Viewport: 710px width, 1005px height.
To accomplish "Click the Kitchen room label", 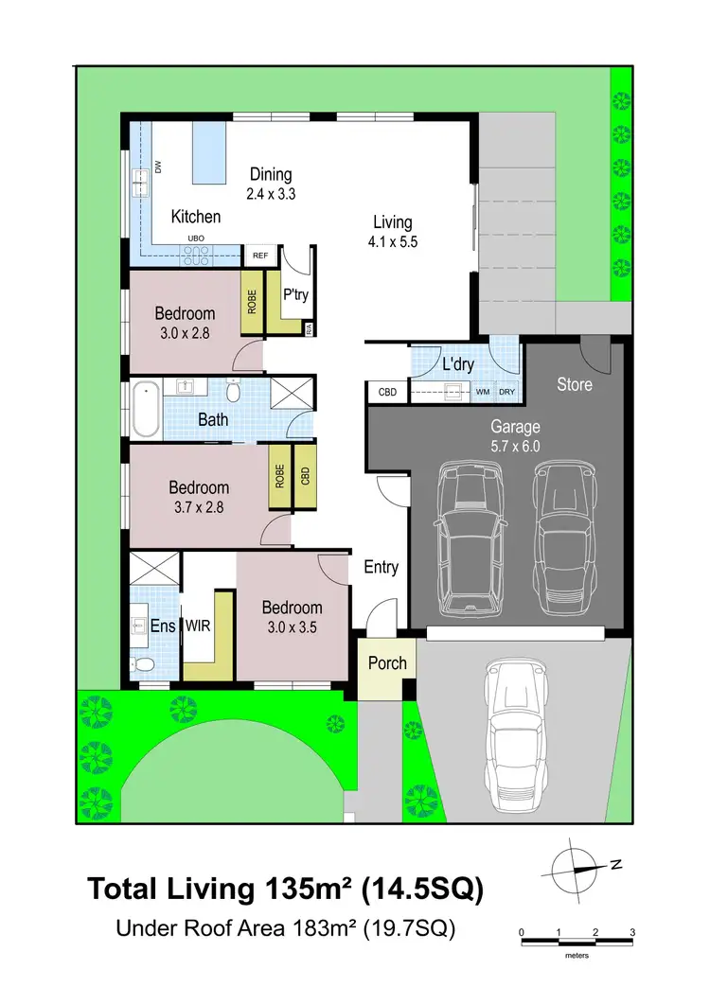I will (195, 217).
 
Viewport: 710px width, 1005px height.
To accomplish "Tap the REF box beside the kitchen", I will (258, 256).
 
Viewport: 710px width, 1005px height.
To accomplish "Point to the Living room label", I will (392, 222).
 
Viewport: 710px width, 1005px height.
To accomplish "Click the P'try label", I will (295, 294).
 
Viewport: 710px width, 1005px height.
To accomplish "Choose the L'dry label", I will (458, 364).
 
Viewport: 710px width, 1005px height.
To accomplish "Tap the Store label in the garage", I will (574, 384).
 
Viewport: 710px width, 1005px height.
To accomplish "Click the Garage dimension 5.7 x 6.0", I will (514, 447).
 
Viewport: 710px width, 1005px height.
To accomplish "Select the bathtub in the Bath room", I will (146, 410).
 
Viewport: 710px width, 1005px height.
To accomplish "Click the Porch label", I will (387, 662).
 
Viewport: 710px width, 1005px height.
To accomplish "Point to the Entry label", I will (382, 567).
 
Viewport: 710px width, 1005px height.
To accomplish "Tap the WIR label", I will (198, 626).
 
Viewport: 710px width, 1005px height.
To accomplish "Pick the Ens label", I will (162, 626).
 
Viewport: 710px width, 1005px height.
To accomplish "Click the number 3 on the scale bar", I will (631, 932).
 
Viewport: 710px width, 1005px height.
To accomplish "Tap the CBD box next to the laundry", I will (387, 391).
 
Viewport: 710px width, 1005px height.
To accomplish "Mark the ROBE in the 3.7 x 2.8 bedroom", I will (279, 475).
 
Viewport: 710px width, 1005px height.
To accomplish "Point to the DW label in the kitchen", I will (158, 167).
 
